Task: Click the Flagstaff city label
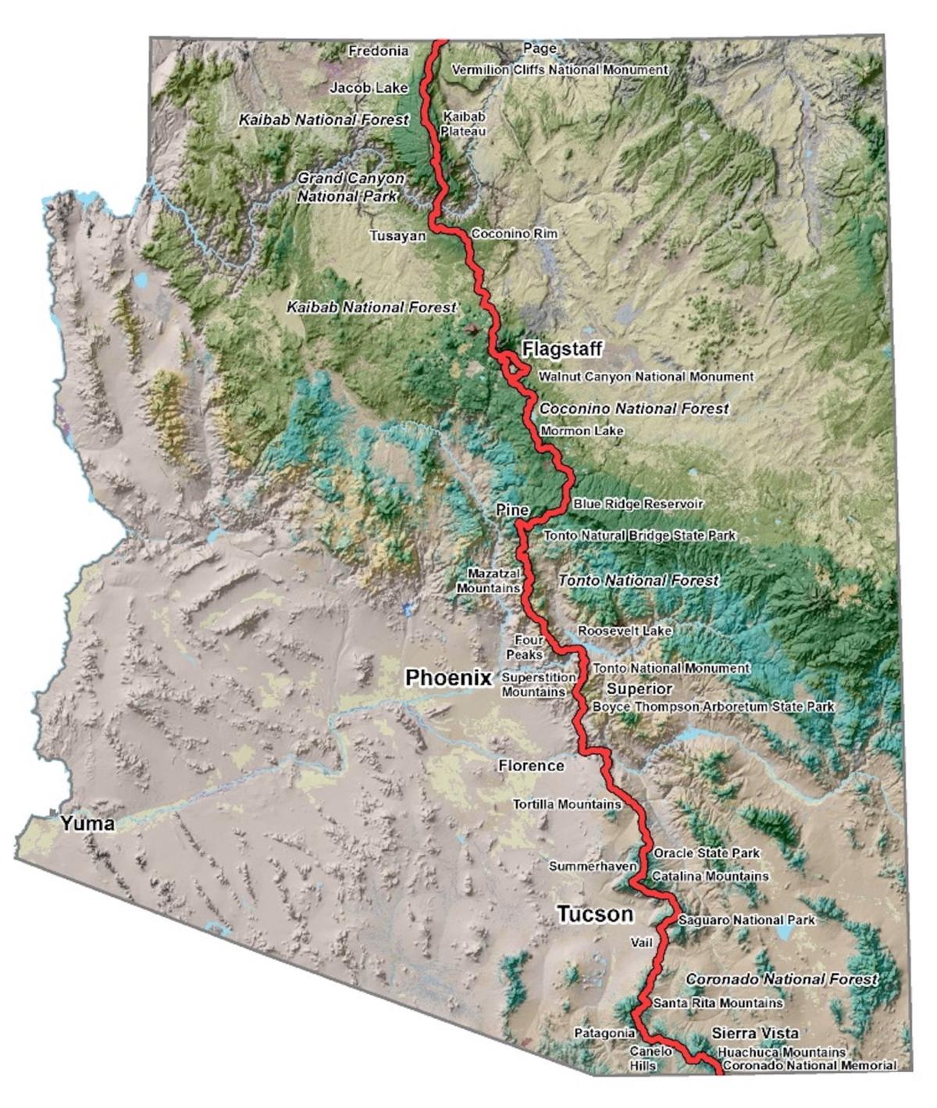tap(563, 348)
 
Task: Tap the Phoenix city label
tap(448, 677)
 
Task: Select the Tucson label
tap(594, 914)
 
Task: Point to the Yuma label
tap(88, 823)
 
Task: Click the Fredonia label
tap(378, 52)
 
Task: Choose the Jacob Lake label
tap(369, 88)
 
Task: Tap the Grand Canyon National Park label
tap(351, 188)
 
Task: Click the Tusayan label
tap(397, 235)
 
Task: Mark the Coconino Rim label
tap(513, 234)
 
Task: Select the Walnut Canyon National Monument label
tap(647, 377)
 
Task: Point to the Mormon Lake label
tap(583, 431)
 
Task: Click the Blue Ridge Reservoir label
tap(638, 504)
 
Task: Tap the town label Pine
tap(512, 510)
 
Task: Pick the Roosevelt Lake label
tap(625, 631)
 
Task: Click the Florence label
tap(531, 766)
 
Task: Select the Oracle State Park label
tap(707, 853)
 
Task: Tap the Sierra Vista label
tap(755, 1033)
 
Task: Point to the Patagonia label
tap(604, 1033)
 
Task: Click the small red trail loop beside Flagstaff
tap(516, 366)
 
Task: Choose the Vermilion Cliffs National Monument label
tap(560, 70)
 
